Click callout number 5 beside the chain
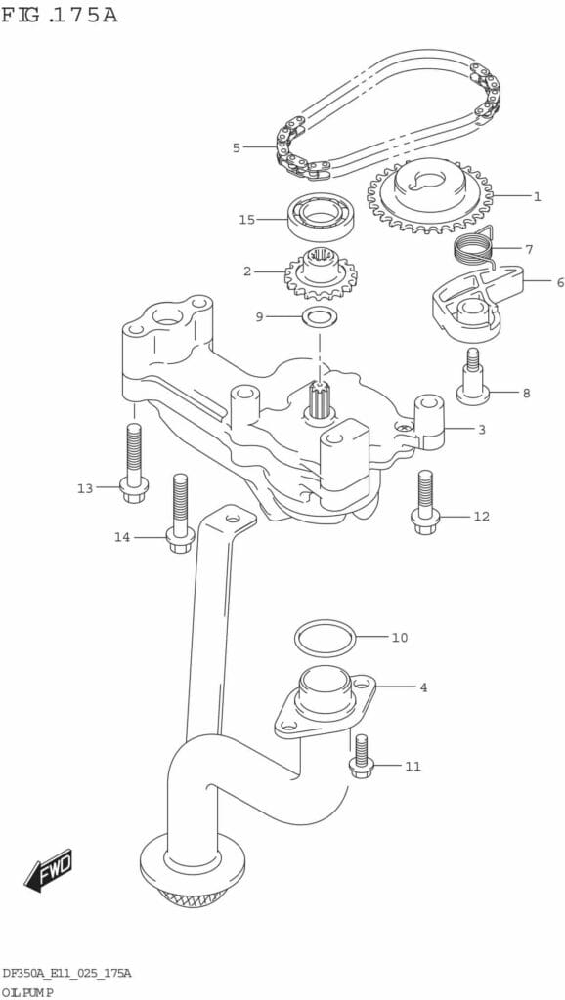pyautogui.click(x=237, y=148)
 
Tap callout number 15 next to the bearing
pyautogui.click(x=247, y=220)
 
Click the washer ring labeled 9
pyautogui.click(x=320, y=315)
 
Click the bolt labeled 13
pyautogui.click(x=133, y=463)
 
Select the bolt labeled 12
pyautogui.click(x=425, y=502)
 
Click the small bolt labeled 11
pyautogui.click(x=360, y=757)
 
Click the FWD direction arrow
pyautogui.click(x=49, y=869)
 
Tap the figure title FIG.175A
pyautogui.click(x=60, y=14)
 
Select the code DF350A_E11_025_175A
pyautogui.click(x=67, y=973)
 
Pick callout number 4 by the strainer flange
pyautogui.click(x=423, y=687)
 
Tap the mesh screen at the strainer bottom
pyautogui.click(x=193, y=899)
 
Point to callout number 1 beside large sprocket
pyautogui.click(x=537, y=197)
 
